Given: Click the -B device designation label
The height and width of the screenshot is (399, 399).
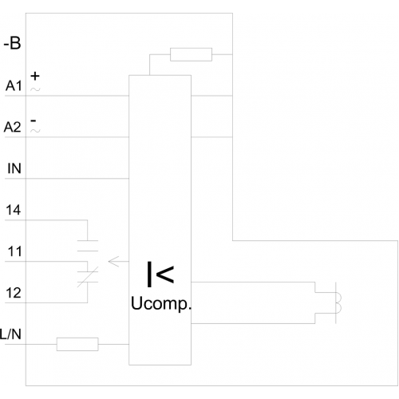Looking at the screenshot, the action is (x=12, y=43).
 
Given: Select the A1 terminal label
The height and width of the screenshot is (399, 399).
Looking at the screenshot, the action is (x=14, y=86).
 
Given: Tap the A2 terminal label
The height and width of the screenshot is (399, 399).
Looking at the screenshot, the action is (x=12, y=127).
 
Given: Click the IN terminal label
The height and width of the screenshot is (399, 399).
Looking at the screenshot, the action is (x=14, y=168).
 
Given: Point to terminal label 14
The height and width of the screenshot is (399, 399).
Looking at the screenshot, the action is (x=14, y=210).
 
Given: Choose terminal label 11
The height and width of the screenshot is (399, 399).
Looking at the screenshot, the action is (x=14, y=251).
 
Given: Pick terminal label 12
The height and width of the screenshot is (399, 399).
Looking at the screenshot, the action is (x=14, y=293).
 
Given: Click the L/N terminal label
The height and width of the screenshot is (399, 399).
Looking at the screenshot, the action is (x=10, y=334).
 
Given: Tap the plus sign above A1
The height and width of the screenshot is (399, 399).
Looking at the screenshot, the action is (x=35, y=76).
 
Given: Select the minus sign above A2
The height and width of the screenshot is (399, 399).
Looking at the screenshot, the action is (x=34, y=120).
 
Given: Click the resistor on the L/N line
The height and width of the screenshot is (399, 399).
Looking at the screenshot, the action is (x=77, y=344).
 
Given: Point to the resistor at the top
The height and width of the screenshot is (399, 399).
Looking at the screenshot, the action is (x=191, y=54).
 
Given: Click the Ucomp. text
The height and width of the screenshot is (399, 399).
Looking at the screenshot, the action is (x=161, y=303).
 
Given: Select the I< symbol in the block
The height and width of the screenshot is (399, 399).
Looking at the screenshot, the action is (x=160, y=275).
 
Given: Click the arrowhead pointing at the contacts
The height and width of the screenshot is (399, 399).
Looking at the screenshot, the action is (x=114, y=262).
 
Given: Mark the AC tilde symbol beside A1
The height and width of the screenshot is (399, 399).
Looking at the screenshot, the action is (x=35, y=89).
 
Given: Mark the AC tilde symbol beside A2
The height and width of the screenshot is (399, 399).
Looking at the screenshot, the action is (x=35, y=130).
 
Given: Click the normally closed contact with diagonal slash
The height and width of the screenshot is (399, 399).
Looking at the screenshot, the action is (x=88, y=277).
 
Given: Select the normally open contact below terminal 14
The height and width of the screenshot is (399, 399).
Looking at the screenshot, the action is (x=88, y=246).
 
